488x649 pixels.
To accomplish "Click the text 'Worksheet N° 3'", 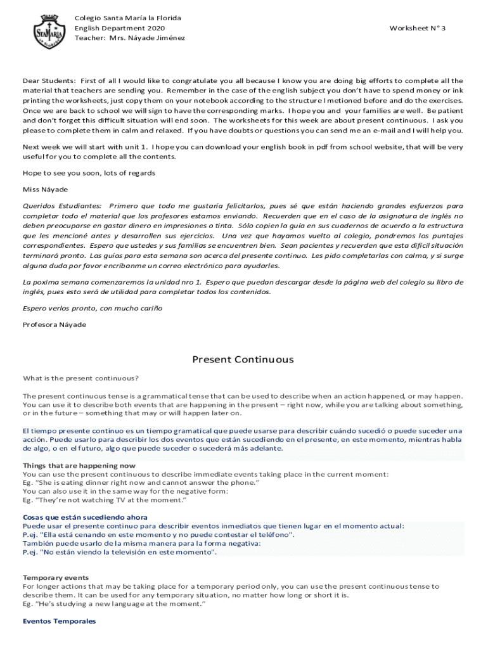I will (418, 29).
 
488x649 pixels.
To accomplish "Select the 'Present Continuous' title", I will (243, 360).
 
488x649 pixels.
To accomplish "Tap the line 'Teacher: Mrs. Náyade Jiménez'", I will (130, 38).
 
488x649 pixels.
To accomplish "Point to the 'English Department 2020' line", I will (120, 29).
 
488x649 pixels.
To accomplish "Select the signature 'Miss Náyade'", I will (46, 190).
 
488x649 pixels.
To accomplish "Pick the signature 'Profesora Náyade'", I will (55, 325).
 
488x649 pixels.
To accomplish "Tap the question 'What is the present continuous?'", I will (80, 379).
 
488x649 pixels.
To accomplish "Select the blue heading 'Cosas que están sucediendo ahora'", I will (85, 517).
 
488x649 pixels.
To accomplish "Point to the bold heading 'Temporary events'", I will (56, 578).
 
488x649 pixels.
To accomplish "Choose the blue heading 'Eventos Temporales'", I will (59, 622).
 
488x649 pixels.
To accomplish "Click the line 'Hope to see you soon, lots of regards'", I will (89, 173).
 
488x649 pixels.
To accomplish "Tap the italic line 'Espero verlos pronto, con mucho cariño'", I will (93, 308).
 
